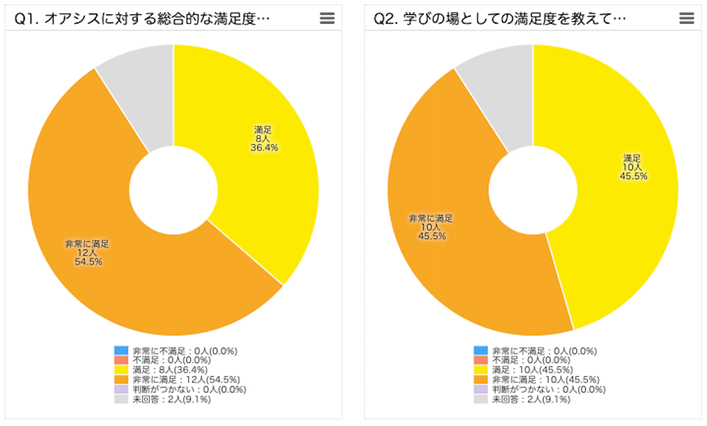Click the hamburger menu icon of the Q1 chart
tap(327, 19)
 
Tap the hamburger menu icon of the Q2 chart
tap(686, 19)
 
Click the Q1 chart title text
tap(142, 19)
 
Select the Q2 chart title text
tap(499, 19)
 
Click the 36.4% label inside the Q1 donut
tap(263, 148)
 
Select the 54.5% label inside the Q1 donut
tap(88, 262)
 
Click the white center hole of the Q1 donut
tap(173, 190)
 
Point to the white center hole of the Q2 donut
tap(533, 190)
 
